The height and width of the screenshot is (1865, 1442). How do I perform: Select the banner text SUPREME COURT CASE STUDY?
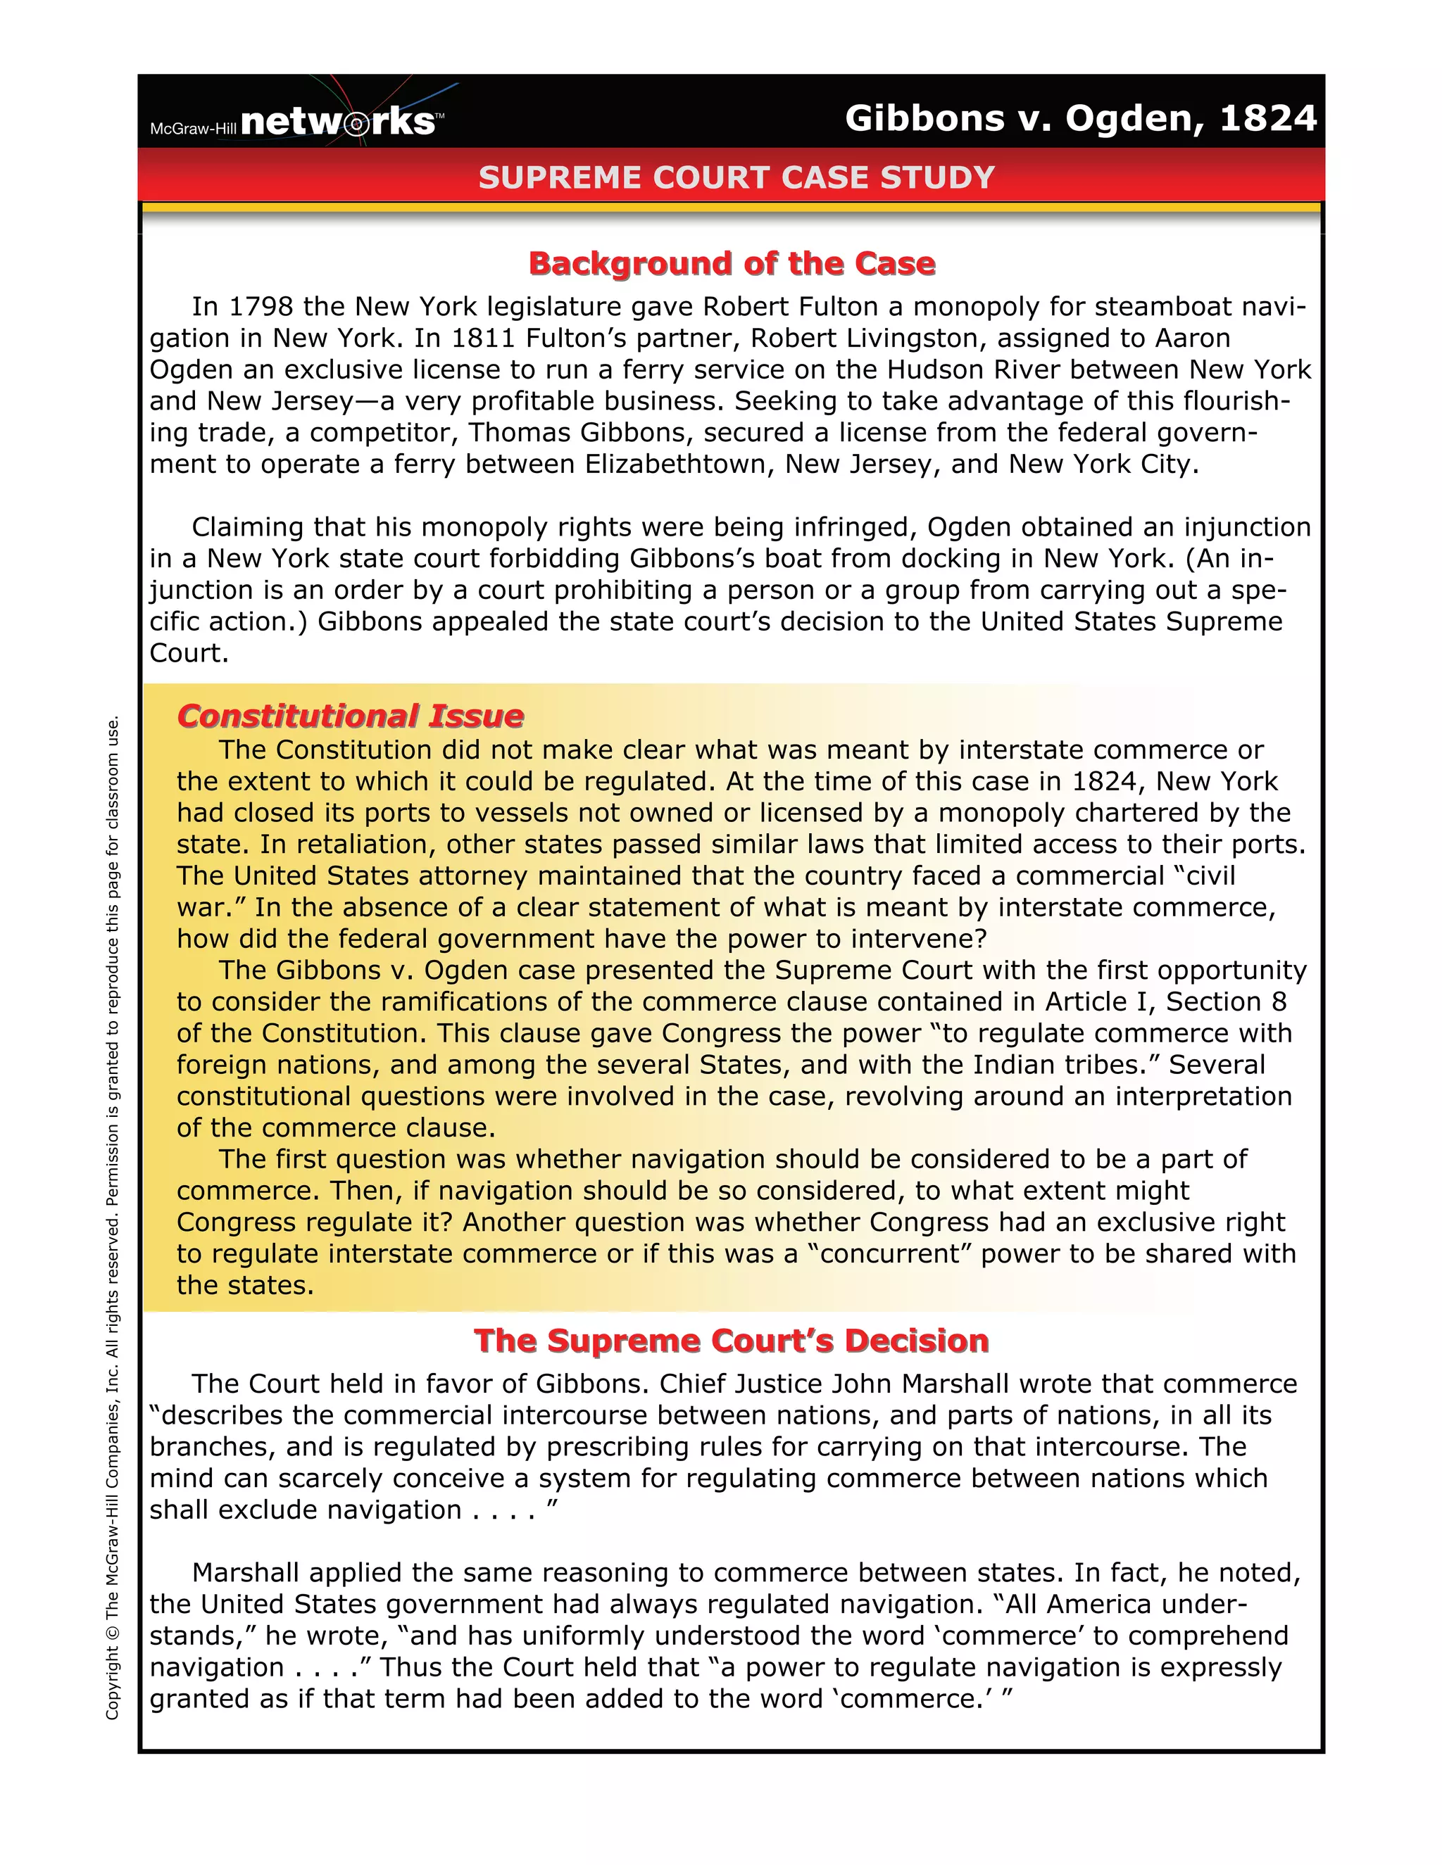point(736,177)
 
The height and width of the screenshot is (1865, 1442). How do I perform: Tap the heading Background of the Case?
point(732,263)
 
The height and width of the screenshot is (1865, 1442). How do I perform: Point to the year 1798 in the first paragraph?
point(262,307)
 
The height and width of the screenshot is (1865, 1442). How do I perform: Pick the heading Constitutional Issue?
point(350,716)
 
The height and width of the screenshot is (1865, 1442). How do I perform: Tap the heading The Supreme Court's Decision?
point(732,1341)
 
